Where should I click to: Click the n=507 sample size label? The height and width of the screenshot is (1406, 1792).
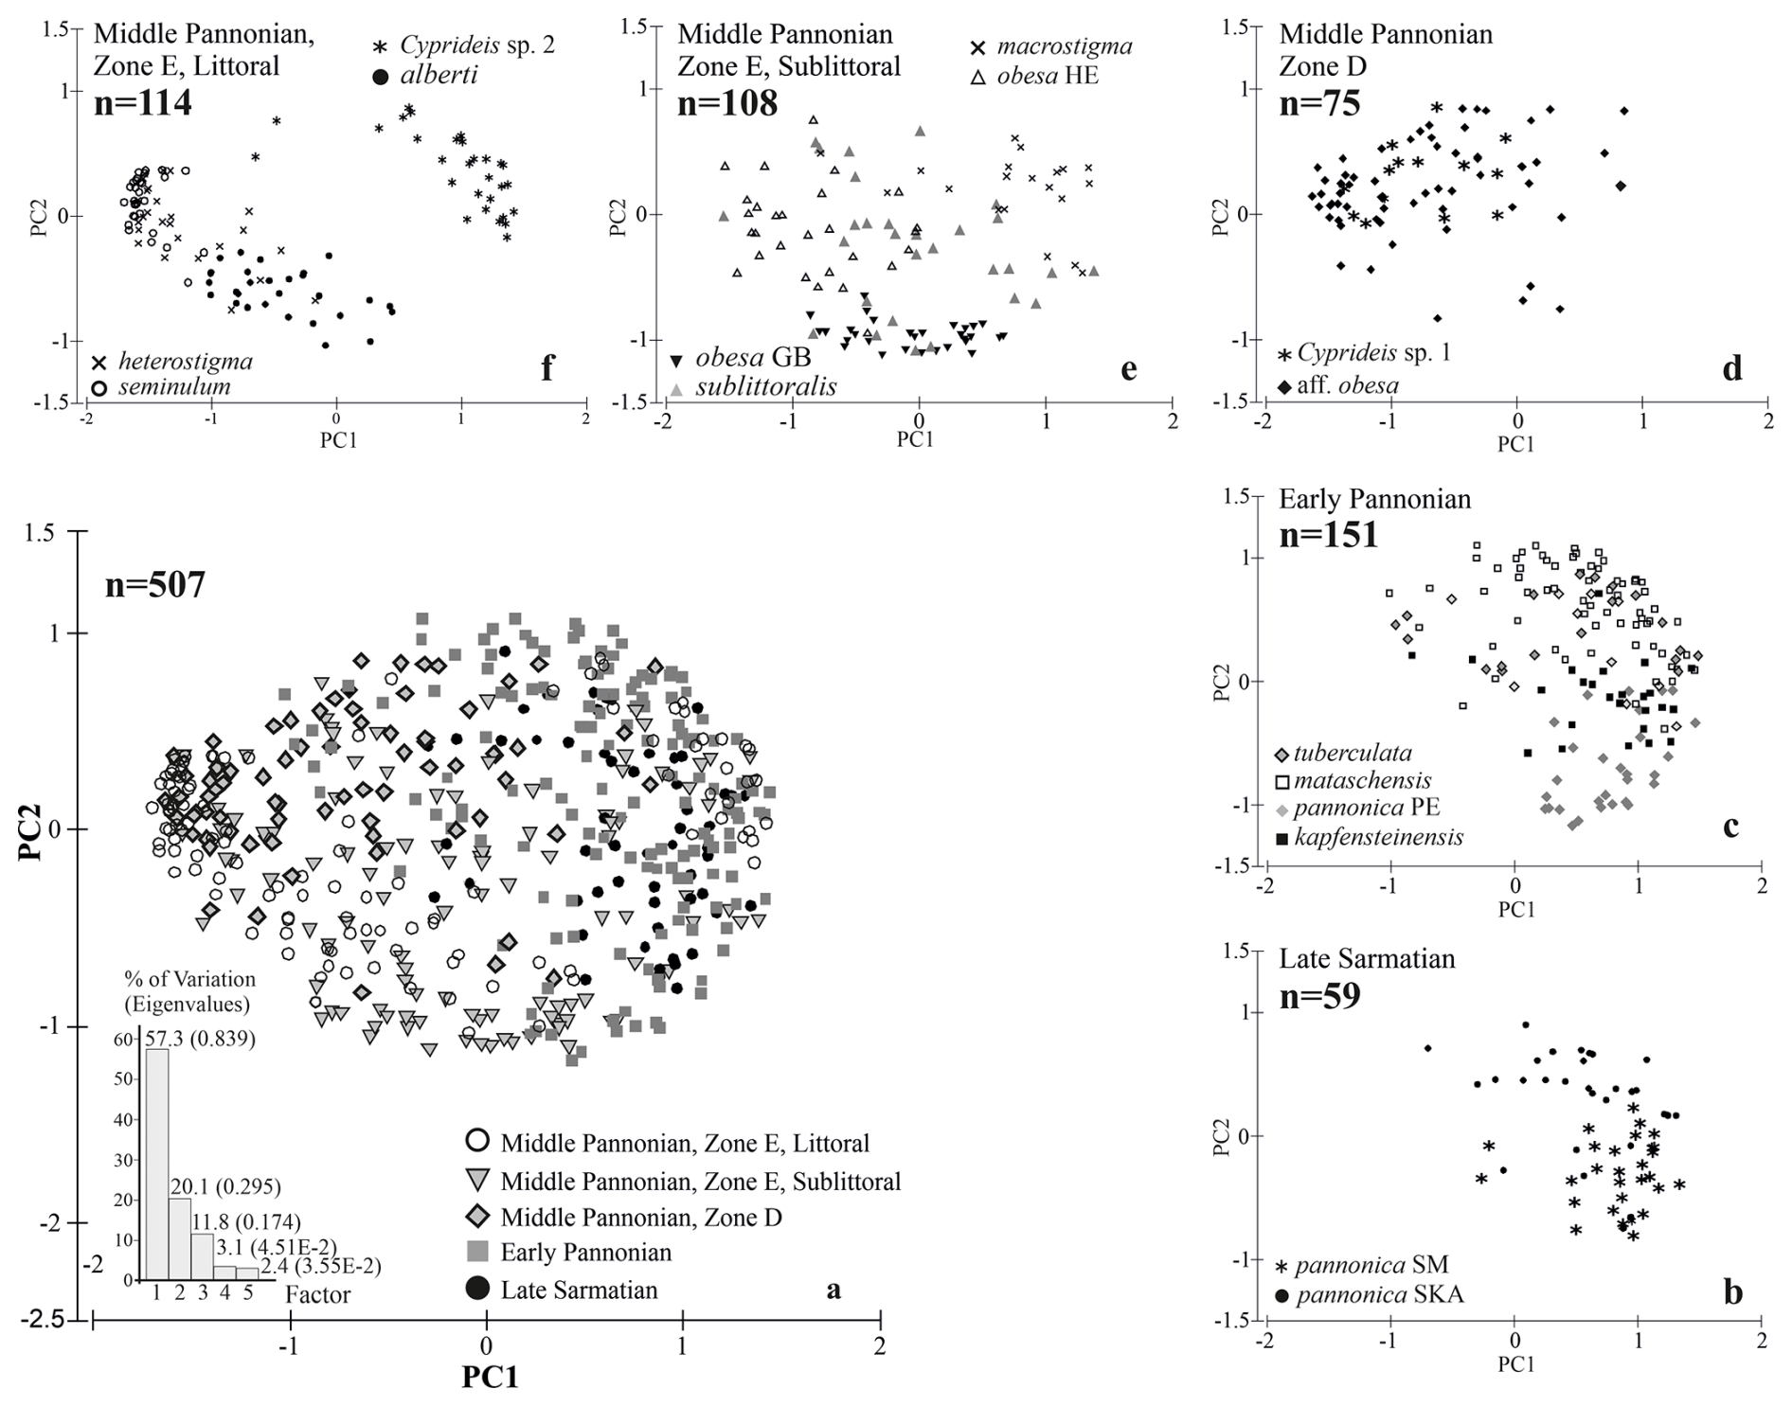click(154, 585)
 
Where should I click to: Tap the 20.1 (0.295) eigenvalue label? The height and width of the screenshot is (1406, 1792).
click(225, 1186)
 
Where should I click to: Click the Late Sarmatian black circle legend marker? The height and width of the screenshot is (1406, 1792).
click(478, 1289)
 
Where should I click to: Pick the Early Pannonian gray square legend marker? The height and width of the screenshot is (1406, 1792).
click(478, 1252)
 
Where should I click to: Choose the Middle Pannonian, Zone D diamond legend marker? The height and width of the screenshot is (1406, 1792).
click(478, 1217)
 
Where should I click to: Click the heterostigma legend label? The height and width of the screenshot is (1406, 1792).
click(186, 361)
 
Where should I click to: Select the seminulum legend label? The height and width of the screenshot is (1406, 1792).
click(174, 386)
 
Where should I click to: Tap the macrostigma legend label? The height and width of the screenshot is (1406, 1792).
click(1064, 45)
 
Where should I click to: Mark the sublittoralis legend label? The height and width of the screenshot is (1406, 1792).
click(765, 386)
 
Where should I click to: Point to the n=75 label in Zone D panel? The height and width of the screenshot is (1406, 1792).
click(1319, 102)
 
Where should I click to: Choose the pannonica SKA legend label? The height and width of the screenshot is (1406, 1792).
click(1379, 1294)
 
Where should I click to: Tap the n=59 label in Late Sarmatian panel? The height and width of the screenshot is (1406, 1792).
click(1319, 995)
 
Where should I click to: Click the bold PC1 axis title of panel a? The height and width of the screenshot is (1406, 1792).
click(490, 1376)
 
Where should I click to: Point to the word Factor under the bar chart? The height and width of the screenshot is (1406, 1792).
click(318, 1294)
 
